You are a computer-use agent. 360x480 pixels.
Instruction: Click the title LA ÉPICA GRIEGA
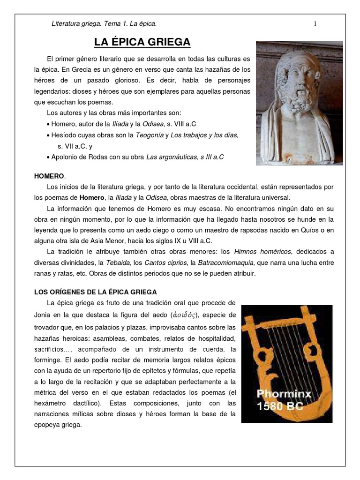142,42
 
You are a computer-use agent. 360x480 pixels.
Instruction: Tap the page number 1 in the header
315,24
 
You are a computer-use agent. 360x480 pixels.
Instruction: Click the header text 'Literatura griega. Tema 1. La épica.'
104,24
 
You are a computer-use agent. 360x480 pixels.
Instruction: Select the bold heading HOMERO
49,176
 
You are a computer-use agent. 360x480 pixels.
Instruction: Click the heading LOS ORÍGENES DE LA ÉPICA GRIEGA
95,292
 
